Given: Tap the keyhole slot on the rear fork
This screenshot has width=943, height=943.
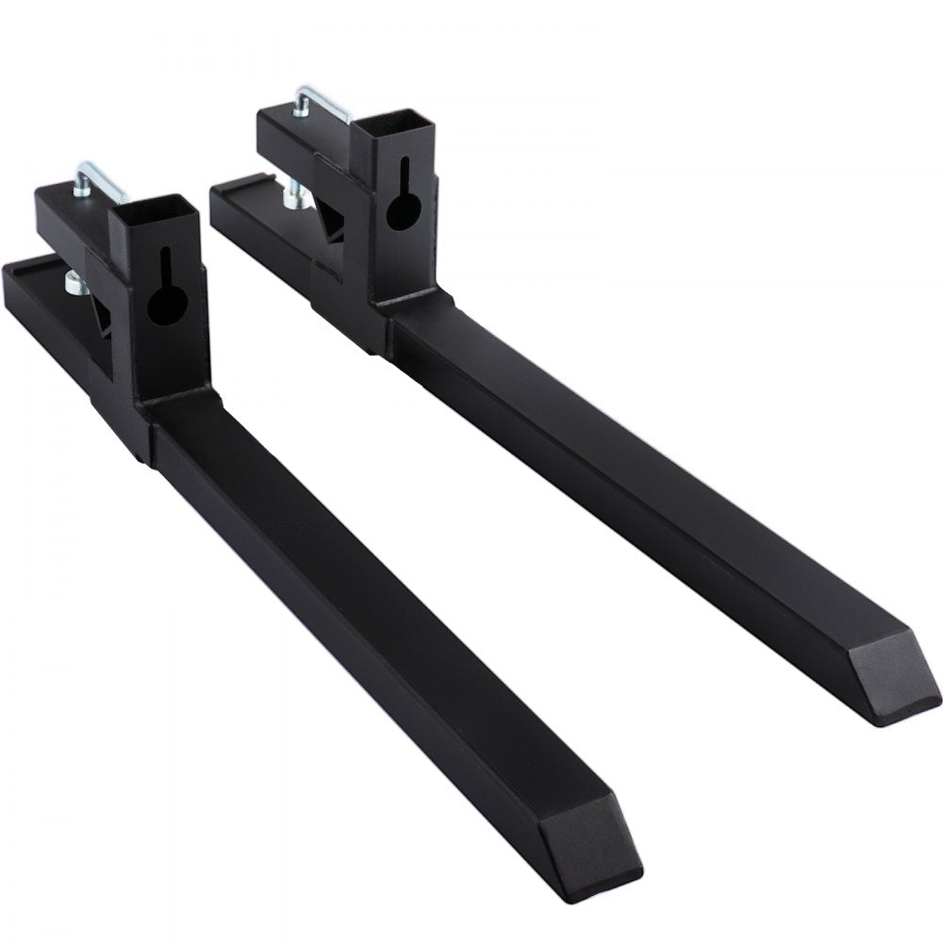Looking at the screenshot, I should [x=401, y=205].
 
